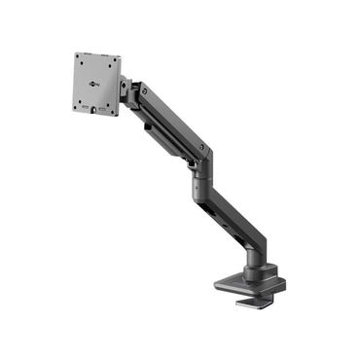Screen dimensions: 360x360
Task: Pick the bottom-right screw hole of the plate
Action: click(111, 103)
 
